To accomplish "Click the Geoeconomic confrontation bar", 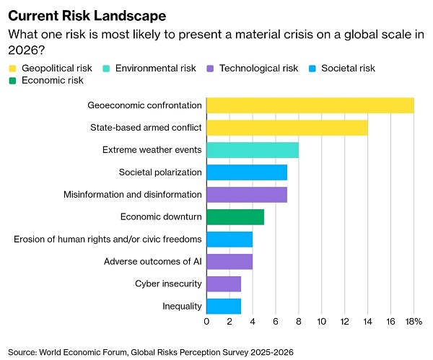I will [310, 105].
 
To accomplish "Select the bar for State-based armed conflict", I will [287, 128].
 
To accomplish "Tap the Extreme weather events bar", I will [253, 150].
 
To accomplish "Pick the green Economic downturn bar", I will [235, 217].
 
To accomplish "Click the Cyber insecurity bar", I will [224, 284].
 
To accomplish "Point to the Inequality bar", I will [224, 306].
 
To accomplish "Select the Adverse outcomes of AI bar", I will [229, 261].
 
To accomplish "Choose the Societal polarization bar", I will [247, 172].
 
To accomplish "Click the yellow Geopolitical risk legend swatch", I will [12, 69].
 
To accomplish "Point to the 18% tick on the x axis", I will [414, 321].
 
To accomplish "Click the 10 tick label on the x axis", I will [322, 321].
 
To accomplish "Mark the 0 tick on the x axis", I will [206, 321].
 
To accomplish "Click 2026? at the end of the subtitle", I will [27, 51].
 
